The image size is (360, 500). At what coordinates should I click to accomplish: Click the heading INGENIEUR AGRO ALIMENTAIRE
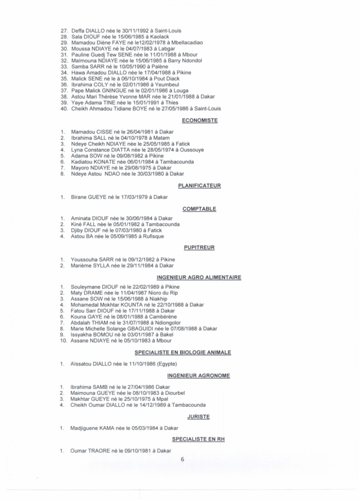point(198,278)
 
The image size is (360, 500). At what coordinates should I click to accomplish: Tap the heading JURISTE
point(198,416)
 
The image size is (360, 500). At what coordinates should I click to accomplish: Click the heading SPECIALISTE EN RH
point(198,439)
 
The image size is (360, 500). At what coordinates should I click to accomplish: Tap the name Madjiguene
point(85,428)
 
